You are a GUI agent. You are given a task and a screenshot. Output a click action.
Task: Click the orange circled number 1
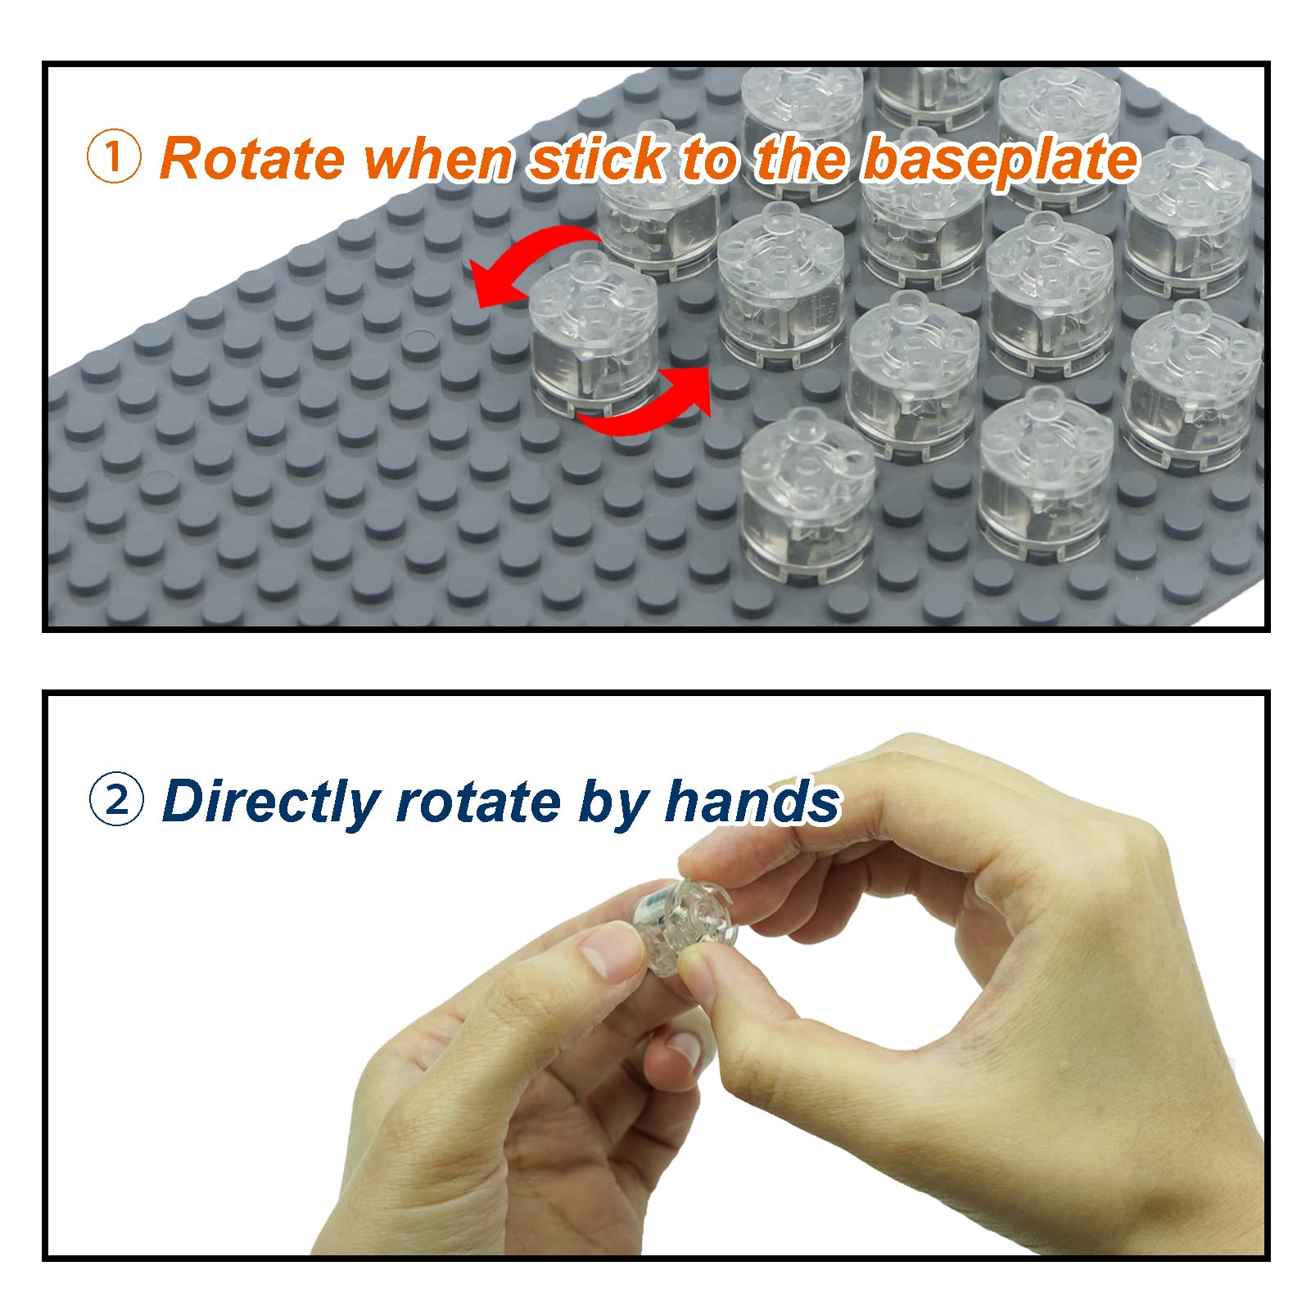(x=114, y=158)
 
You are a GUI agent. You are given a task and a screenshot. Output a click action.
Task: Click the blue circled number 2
(x=116, y=800)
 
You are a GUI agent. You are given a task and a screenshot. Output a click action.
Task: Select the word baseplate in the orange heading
(x=1000, y=160)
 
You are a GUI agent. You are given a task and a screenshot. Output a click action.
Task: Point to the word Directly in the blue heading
(x=271, y=802)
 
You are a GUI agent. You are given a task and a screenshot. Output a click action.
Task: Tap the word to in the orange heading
(x=710, y=160)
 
